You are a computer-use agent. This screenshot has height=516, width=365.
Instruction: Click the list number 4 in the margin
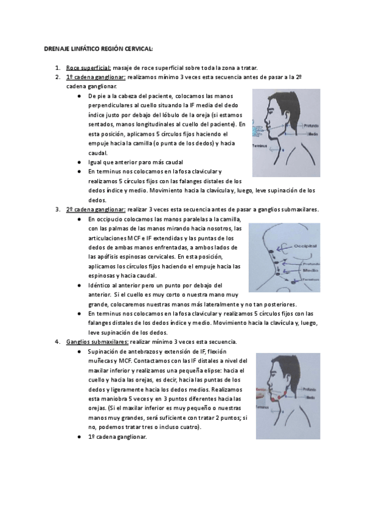57,342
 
